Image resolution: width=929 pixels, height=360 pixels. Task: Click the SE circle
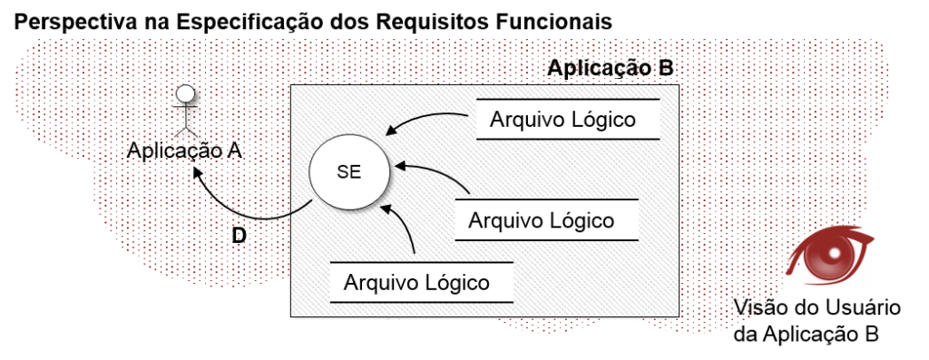click(x=348, y=175)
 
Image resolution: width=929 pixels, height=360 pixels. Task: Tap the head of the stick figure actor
click(x=185, y=93)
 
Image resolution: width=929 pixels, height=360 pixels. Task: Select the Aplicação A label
click(x=184, y=151)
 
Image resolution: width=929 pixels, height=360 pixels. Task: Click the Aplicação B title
click(x=610, y=69)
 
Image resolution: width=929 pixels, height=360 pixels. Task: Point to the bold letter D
click(x=239, y=236)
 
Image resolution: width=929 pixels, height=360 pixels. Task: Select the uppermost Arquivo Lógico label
click(x=562, y=120)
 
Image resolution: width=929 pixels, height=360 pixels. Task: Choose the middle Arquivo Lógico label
click(x=541, y=219)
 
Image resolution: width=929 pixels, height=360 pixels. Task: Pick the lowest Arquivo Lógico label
click(x=416, y=282)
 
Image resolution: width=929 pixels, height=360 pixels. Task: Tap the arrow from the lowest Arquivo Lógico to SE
click(x=406, y=231)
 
